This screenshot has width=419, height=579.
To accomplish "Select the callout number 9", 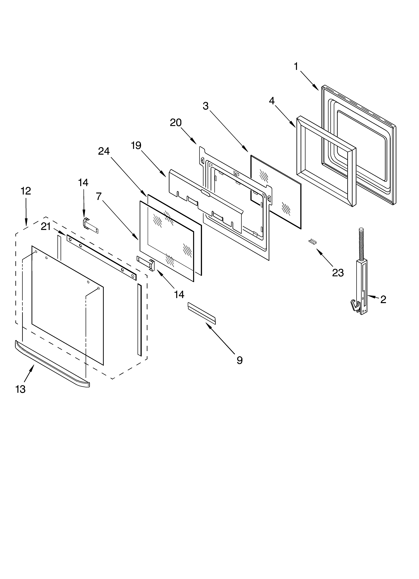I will click(x=239, y=360).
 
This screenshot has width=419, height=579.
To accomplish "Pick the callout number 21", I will click(x=46, y=226).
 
